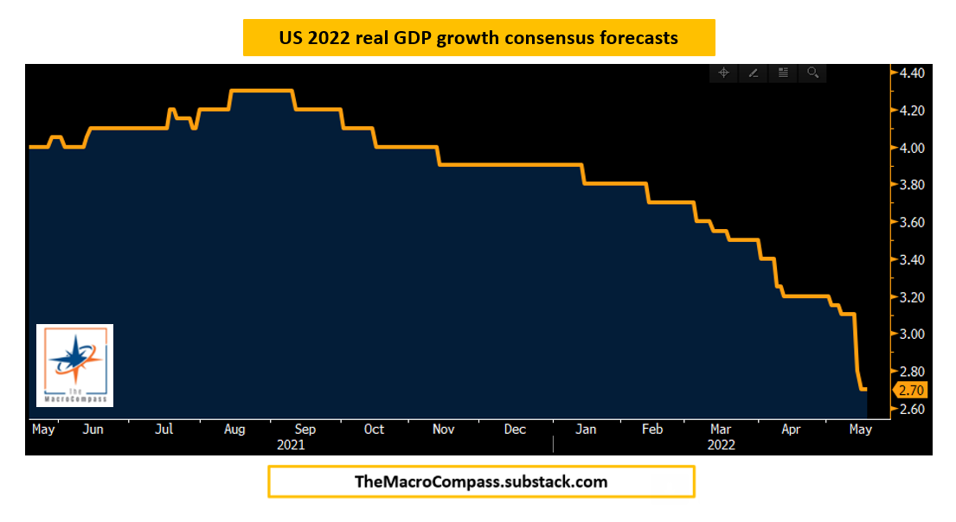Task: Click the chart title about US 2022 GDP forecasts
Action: (478, 38)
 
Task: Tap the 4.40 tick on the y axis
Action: (913, 73)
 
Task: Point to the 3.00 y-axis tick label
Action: (913, 334)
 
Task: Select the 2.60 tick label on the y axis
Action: (913, 409)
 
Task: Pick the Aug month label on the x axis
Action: (234, 430)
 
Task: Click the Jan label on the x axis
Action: (586, 430)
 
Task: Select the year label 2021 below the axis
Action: (291, 445)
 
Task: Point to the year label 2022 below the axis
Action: (721, 445)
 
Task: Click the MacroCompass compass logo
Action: (75, 365)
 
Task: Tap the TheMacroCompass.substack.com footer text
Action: (481, 482)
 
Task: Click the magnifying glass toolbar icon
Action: (812, 73)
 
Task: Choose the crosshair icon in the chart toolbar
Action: (723, 73)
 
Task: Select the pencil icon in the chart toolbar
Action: (754, 73)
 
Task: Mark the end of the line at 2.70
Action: (865, 390)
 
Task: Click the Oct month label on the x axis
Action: (375, 430)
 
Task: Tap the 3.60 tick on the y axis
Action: (913, 223)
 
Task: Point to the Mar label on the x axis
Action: (720, 430)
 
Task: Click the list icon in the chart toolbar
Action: (783, 73)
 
